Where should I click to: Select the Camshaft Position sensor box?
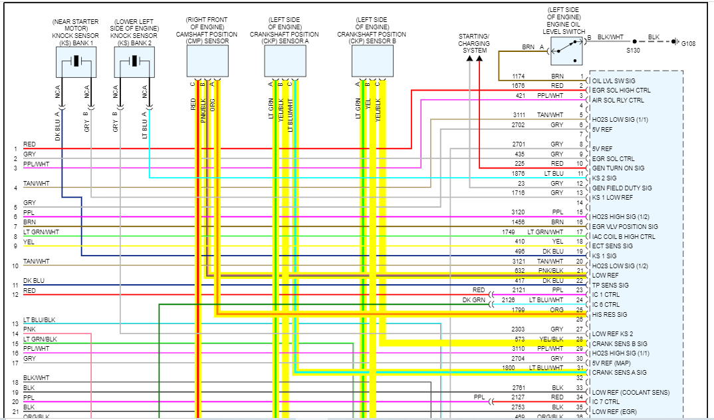(207, 61)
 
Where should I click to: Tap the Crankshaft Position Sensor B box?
(372, 61)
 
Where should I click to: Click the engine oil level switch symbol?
(566, 49)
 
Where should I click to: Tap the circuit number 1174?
(519, 77)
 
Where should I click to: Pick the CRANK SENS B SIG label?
(620, 343)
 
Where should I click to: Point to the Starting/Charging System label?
(475, 43)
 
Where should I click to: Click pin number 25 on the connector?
(580, 310)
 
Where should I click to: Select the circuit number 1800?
(508, 368)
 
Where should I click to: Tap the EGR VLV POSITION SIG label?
(625, 227)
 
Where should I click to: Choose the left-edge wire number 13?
(15, 324)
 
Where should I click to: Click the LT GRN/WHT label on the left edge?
(41, 232)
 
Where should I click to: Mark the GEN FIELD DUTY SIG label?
(622, 188)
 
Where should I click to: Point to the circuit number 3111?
(519, 115)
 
